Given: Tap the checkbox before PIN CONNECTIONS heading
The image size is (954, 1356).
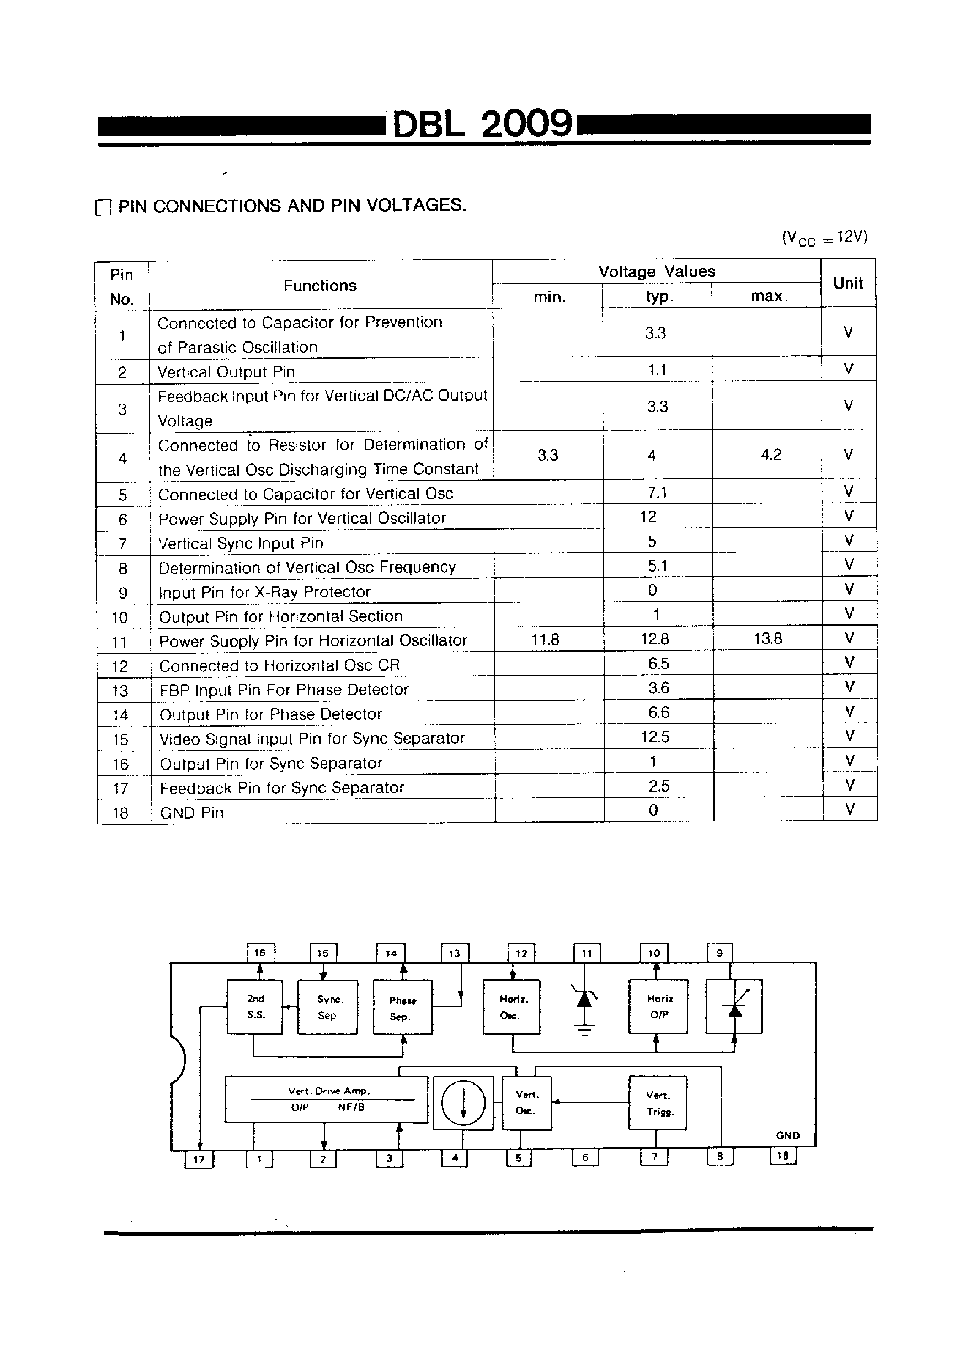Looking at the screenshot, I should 103,207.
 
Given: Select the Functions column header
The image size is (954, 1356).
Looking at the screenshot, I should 320,286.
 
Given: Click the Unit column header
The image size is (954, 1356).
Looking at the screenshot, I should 848,284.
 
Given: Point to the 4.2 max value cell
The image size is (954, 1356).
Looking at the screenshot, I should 771,454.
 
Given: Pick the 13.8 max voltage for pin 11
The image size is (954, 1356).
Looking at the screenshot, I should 768,638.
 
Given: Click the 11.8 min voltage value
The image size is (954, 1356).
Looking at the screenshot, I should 545,639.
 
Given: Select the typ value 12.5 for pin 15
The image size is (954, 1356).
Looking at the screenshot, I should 655,736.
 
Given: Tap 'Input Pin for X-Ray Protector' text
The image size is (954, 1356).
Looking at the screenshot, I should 265,592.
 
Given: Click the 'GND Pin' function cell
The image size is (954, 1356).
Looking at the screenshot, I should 192,813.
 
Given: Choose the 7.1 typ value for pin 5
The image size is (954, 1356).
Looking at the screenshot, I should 657,492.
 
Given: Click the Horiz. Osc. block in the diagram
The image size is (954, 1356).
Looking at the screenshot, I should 511,1007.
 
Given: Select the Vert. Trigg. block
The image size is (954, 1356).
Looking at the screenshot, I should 658,1103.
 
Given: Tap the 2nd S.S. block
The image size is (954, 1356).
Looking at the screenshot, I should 254,1007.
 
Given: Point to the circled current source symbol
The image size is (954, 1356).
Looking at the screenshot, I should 463,1103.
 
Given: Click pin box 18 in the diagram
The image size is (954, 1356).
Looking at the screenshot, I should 783,1156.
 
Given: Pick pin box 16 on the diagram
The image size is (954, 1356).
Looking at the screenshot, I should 260,953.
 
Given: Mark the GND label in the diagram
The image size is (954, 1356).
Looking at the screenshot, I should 787,1135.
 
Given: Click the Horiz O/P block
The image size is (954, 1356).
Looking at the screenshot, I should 659,1007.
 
